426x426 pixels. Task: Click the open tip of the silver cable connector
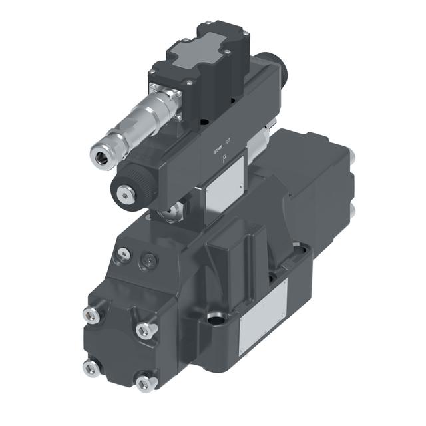(100, 156)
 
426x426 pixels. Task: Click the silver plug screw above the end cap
(122, 254)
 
